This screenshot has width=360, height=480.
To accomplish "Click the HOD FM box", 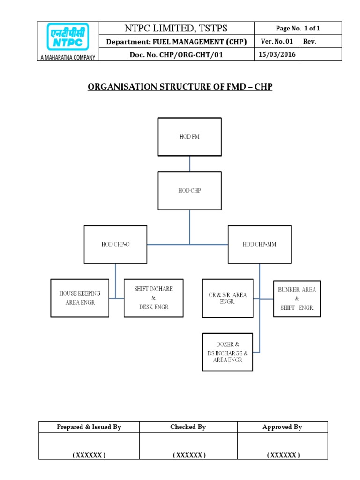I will click(189, 136).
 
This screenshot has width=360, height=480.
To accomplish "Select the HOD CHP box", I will click(189, 190).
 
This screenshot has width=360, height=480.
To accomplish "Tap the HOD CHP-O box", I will click(115, 244).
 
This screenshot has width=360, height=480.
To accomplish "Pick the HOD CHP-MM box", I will click(259, 244).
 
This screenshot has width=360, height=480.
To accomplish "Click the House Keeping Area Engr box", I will click(80, 298).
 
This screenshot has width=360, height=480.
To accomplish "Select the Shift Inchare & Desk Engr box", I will click(153, 298).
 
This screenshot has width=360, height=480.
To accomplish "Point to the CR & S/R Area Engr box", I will click(227, 298).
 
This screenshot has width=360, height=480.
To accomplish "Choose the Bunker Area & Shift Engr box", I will click(297, 299).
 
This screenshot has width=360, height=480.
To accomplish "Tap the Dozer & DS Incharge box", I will click(227, 352).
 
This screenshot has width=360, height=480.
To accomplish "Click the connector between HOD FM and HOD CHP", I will click(189, 164).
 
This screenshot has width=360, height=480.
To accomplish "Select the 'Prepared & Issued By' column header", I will click(89, 427).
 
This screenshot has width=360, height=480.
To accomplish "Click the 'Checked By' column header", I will click(188, 427).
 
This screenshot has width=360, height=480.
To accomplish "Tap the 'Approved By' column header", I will click(282, 427).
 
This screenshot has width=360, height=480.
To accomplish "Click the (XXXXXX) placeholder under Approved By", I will click(282, 455).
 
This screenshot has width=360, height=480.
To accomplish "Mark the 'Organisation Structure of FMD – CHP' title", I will click(180, 87).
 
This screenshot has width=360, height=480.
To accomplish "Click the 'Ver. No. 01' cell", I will click(277, 42).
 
